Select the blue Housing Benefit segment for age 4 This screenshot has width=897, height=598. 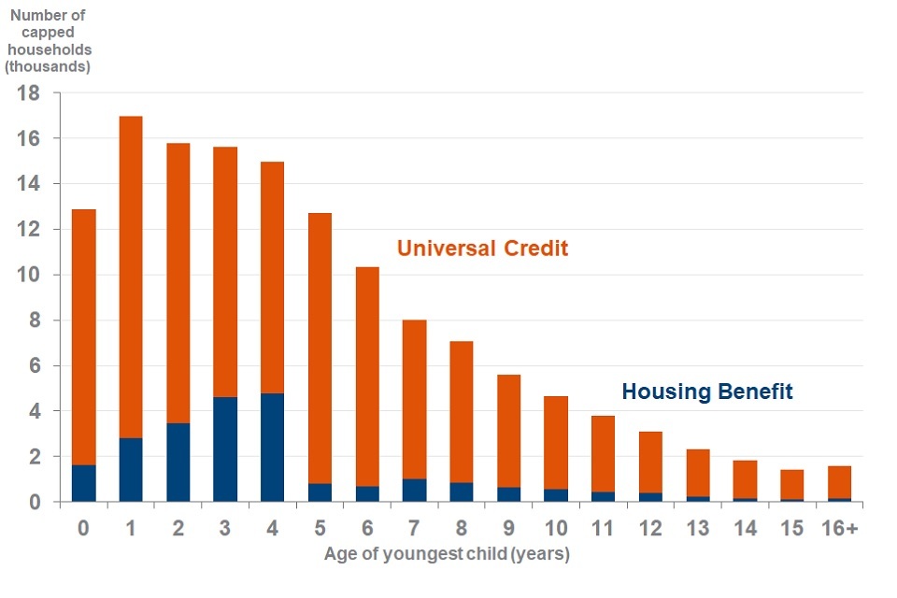point(272,448)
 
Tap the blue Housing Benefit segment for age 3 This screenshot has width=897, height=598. point(225,449)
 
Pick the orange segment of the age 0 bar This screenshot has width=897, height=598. point(84,336)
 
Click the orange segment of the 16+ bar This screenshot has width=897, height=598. point(838,482)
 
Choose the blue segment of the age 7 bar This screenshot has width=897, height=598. point(414,491)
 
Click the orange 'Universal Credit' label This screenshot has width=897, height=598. point(482,249)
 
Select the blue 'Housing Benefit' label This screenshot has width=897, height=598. point(706,392)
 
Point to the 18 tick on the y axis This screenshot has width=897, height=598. point(28,93)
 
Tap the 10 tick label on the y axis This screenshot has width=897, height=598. point(28,276)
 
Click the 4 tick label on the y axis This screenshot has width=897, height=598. point(34,412)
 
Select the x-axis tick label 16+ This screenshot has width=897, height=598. point(838,529)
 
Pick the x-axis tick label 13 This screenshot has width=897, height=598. point(696,529)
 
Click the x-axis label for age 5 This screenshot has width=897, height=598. point(320,529)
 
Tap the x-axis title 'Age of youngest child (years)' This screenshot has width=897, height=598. point(447,554)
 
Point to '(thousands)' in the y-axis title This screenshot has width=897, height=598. point(48,66)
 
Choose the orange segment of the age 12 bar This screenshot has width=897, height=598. point(649,462)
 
